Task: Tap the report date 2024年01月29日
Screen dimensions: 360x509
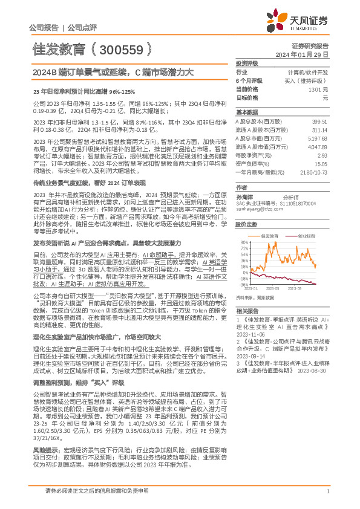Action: [309, 54]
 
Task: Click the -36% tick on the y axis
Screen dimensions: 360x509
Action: [244, 284]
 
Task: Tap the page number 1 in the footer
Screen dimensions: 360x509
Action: [327, 491]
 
